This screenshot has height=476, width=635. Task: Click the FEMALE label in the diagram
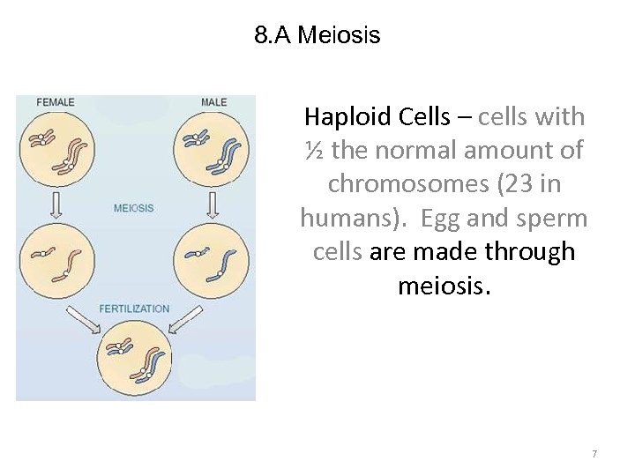click(x=55, y=102)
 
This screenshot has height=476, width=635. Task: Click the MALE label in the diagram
click(x=213, y=102)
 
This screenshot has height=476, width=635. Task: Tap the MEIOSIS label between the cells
click(x=134, y=208)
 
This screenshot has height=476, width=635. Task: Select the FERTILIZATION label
click(x=134, y=309)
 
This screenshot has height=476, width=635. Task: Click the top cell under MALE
click(x=212, y=149)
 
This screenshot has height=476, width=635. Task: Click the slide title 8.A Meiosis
click(x=317, y=36)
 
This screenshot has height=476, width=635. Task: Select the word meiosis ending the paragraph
click(x=440, y=286)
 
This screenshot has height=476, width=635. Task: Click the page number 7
click(x=594, y=454)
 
